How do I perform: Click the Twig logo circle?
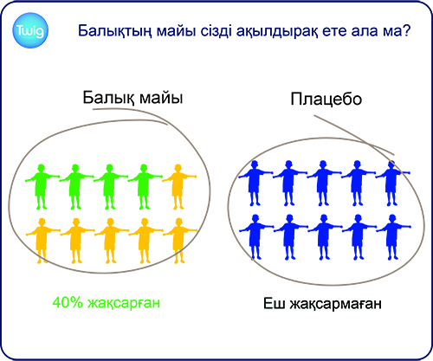(x=30, y=30)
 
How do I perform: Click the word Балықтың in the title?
(x=115, y=31)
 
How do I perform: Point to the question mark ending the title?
(x=406, y=29)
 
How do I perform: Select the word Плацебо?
(x=326, y=99)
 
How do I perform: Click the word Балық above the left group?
(x=108, y=98)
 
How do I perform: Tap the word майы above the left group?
(x=161, y=98)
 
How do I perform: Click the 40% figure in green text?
(x=68, y=303)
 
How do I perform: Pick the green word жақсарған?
(x=124, y=304)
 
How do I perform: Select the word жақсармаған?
(x=335, y=304)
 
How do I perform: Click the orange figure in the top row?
(x=178, y=186)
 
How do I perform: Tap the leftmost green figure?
(x=42, y=186)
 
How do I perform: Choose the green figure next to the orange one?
(x=145, y=186)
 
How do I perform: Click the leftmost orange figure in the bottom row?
(x=42, y=241)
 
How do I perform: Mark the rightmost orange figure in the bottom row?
(x=179, y=241)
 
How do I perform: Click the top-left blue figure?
(x=255, y=183)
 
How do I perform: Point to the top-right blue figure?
(x=391, y=183)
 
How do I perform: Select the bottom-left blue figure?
(x=255, y=237)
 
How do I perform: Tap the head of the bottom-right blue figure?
(x=392, y=218)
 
